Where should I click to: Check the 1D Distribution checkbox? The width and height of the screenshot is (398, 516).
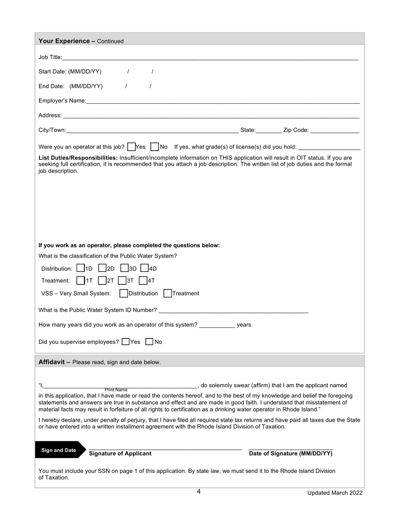point(81,268)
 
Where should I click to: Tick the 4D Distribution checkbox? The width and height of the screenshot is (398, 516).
point(145,268)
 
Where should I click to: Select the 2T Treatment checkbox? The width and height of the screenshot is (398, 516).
point(102,280)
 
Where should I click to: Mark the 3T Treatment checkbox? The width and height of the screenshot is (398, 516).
point(122,280)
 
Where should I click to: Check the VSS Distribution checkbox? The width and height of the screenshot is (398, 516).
point(124,293)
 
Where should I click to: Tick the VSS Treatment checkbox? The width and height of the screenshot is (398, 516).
point(168,293)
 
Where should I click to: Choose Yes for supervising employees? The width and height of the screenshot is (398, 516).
point(126,341)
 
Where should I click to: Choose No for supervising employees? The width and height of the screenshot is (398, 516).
point(149,341)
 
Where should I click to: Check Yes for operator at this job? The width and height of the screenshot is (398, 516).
point(131,146)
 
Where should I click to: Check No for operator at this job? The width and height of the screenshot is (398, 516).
point(155,146)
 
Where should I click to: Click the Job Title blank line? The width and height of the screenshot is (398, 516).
point(209,57)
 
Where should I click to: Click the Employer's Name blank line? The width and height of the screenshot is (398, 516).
point(222,101)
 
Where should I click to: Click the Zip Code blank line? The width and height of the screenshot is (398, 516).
point(335,130)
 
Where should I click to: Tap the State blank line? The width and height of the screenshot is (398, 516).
point(269,130)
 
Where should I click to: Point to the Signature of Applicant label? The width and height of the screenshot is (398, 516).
point(120,453)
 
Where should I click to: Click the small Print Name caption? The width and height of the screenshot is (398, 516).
point(116,390)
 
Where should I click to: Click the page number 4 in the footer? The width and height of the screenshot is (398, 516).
point(199,492)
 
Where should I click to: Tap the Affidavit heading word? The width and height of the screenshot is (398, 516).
point(52,362)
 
